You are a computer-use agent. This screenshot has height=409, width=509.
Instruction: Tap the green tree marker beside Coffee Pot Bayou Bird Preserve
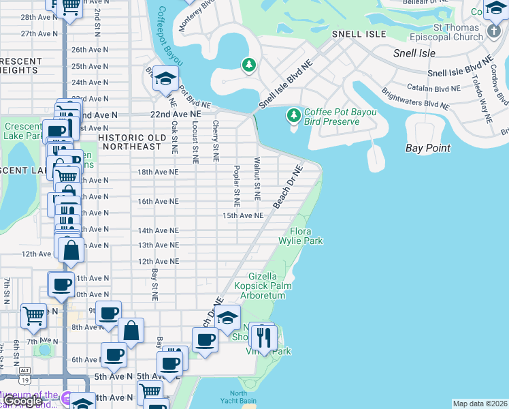[294, 115]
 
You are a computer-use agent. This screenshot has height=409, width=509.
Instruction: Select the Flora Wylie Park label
[300, 236]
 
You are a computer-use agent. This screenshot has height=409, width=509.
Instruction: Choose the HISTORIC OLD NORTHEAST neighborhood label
[129, 142]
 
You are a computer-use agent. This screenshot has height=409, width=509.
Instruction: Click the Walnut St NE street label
[257, 179]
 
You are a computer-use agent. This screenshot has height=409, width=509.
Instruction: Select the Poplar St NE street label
[236, 185]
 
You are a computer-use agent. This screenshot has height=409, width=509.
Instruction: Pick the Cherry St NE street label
[215, 141]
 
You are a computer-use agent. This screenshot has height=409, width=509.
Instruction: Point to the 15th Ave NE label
[243, 215]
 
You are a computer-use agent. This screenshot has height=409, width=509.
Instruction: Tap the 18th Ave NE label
[158, 172]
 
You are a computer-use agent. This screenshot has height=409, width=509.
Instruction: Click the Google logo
[22, 401]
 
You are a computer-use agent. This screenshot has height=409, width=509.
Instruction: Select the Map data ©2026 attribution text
[480, 404]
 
